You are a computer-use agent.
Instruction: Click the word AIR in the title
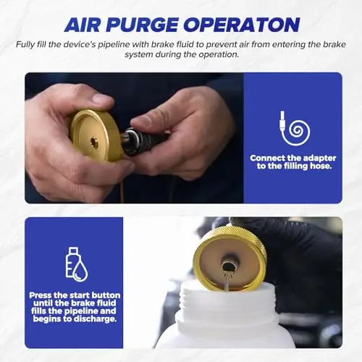(x=82, y=25)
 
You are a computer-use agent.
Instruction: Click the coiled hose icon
(x=294, y=128)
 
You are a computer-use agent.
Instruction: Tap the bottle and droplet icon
(x=76, y=264)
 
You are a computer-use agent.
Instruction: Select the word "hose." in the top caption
(x=321, y=166)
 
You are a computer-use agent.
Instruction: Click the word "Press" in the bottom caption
(x=41, y=295)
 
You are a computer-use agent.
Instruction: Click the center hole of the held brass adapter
(x=93, y=142)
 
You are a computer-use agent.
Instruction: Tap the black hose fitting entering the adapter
(x=145, y=140)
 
